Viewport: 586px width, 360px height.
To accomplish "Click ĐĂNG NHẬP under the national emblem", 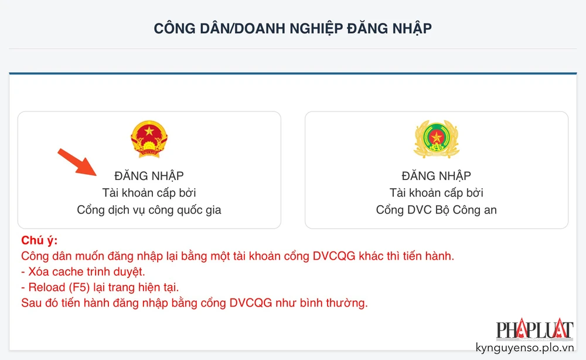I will (149, 176).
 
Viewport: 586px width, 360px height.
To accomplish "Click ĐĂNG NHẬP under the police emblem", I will (436, 176).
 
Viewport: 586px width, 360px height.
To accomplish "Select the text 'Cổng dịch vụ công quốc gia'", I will (149, 210).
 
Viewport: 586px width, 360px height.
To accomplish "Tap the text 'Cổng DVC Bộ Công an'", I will (436, 210).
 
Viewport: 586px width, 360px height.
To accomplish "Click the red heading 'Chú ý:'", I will (39, 241).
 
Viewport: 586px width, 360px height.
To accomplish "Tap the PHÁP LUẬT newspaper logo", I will (534, 330).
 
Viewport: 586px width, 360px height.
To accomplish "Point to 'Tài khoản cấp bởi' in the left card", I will (149, 193).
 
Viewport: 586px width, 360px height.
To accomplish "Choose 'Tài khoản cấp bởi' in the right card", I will (436, 193).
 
